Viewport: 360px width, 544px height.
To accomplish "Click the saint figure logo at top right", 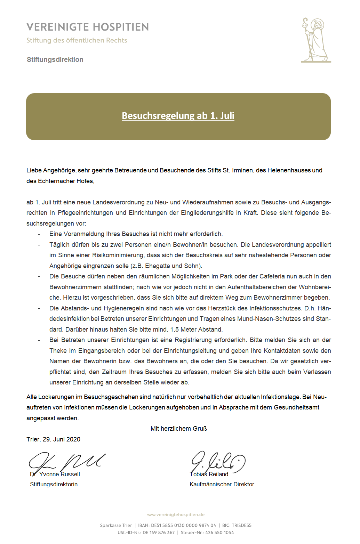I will [x=315, y=40].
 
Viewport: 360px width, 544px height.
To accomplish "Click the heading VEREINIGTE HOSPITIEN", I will [x=88, y=27].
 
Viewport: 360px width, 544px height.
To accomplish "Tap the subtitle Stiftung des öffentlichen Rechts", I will [x=77, y=40].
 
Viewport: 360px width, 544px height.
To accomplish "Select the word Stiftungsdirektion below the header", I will [x=55, y=59].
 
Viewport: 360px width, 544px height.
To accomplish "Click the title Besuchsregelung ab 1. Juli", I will [x=178, y=116].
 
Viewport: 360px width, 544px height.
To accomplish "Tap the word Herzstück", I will [x=240, y=308].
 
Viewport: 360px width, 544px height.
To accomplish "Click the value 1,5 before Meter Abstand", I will [x=174, y=330].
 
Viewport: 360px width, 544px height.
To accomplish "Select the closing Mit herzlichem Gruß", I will [x=179, y=429].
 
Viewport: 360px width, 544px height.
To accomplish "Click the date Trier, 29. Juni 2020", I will [x=53, y=439].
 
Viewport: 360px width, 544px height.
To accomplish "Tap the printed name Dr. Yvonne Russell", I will [x=55, y=474].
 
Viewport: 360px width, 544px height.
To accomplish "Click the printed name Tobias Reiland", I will [x=209, y=474].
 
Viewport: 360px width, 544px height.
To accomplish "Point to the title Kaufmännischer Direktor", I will [x=222, y=484].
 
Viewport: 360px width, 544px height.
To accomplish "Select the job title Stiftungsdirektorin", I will [x=54, y=484].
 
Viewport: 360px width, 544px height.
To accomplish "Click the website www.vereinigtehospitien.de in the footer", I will [x=176, y=515].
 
